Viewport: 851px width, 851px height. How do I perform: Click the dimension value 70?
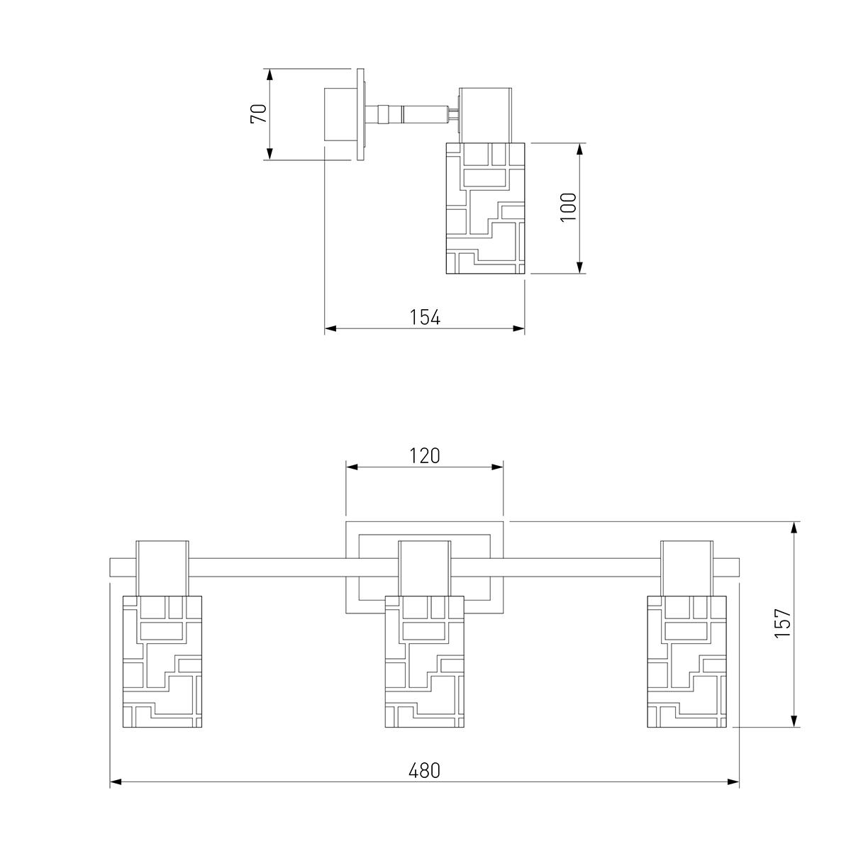coord(260,113)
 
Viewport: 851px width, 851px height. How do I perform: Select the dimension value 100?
coord(568,208)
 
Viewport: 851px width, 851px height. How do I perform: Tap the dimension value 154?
coord(425,317)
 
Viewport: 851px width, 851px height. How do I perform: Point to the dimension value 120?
coord(424,456)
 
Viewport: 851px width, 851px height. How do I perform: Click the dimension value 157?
coord(782,623)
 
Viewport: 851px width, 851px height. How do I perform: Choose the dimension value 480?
coord(424,771)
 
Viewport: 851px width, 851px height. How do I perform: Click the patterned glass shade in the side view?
coord(485,208)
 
